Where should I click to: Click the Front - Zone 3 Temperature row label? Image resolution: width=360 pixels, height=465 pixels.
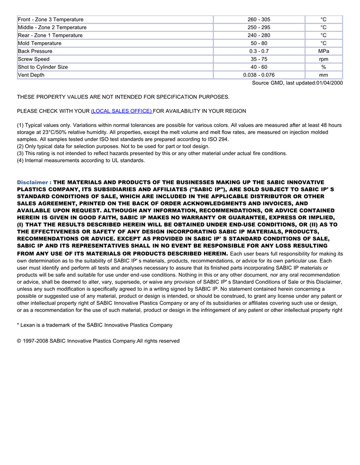click(x=50, y=20)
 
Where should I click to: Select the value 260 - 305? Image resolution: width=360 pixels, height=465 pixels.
click(x=259, y=20)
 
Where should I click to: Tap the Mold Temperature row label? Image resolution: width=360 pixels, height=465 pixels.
click(x=40, y=43)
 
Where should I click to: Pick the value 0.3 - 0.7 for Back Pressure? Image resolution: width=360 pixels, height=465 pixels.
click(x=259, y=51)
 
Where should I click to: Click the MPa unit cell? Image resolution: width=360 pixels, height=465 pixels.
click(x=323, y=51)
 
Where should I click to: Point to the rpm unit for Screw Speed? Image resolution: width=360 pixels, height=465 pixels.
click(x=323, y=59)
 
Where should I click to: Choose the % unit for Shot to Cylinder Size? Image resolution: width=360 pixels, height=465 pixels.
click(x=323, y=67)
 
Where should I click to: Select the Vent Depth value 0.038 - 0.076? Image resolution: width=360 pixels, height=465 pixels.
click(x=259, y=75)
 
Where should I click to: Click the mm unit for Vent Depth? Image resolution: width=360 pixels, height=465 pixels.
click(x=323, y=75)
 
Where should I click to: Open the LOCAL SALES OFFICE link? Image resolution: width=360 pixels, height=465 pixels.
click(x=121, y=111)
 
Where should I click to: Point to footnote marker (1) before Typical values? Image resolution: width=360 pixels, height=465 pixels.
click(x=21, y=125)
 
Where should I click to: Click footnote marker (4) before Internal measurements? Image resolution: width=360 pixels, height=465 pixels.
click(x=21, y=160)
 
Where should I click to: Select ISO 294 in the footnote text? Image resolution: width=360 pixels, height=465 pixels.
click(x=218, y=139)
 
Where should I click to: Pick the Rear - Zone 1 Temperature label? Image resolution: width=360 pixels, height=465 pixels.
click(x=50, y=35)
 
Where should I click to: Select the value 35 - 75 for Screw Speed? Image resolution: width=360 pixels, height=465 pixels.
click(x=259, y=59)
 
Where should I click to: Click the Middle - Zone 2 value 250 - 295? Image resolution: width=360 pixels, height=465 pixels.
click(x=259, y=27)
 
